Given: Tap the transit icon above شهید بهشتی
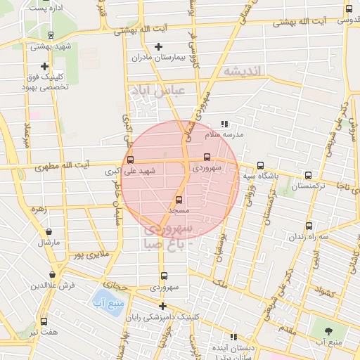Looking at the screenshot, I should click(50, 34).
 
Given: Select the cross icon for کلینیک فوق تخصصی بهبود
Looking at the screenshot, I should click(44, 65).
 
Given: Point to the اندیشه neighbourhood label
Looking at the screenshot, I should click(243, 71).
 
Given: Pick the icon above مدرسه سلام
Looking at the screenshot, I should click(224, 124).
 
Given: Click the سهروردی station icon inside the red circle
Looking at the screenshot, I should click(207, 157).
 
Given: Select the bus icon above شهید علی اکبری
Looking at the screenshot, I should click(129, 160).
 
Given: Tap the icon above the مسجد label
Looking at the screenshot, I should click(179, 200).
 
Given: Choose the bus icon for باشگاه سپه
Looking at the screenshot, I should click(260, 165).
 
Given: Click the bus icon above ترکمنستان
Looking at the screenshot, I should click(308, 175).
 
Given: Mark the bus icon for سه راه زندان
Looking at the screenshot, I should click(309, 226).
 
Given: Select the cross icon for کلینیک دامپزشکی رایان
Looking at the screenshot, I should click(162, 306).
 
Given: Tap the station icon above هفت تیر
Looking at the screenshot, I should click(44, 321).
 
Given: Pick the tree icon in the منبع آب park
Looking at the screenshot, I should click(328, 330).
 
